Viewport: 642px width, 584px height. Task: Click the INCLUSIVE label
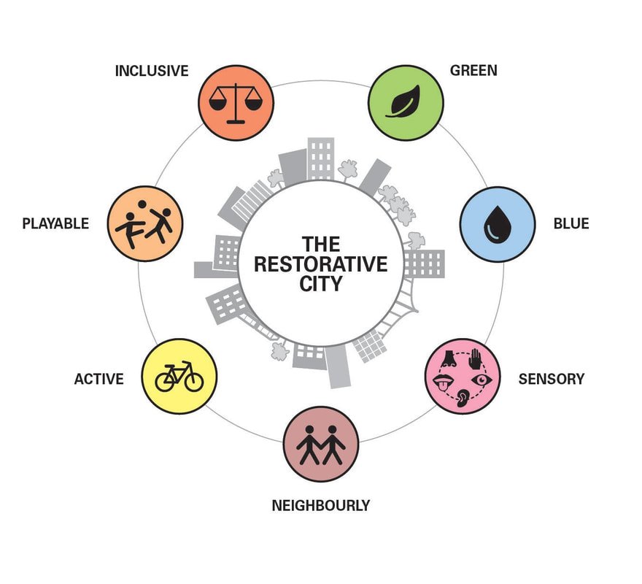click(x=152, y=71)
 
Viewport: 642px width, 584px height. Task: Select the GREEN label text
click(x=473, y=71)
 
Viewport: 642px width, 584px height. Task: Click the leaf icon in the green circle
click(x=405, y=101)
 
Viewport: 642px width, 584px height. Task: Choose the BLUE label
click(x=571, y=223)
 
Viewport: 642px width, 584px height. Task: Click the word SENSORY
click(x=551, y=379)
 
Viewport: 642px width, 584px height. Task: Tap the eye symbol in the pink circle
click(x=484, y=380)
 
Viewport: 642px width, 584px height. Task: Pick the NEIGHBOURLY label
click(x=321, y=504)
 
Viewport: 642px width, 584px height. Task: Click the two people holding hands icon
click(x=321, y=444)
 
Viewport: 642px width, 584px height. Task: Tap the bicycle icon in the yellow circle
click(x=179, y=377)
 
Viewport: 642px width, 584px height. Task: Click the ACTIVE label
click(x=98, y=379)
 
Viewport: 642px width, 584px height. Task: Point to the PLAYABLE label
click(x=55, y=223)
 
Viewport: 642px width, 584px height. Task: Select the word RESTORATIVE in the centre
click(x=321, y=264)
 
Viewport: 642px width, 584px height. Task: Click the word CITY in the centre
click(x=321, y=283)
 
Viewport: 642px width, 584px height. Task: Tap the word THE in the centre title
click(x=321, y=244)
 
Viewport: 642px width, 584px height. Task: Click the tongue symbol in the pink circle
click(x=443, y=383)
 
